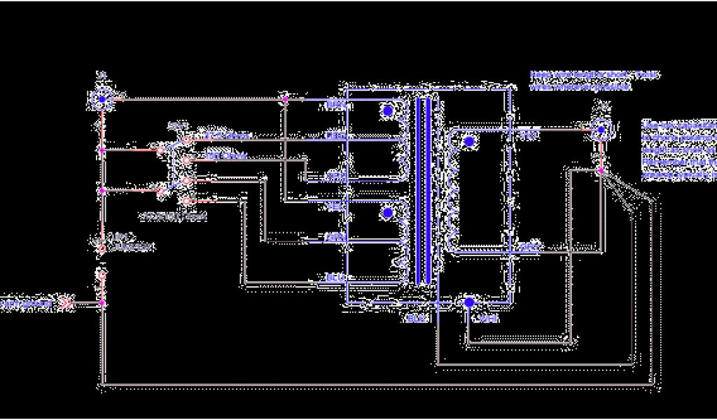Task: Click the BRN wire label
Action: [x=336, y=104]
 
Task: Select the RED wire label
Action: [x=336, y=136]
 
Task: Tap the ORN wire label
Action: [x=336, y=176]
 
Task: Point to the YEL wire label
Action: [x=336, y=207]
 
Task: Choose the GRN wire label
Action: [x=336, y=238]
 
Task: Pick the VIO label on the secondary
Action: [x=529, y=136]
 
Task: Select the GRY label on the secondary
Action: [x=529, y=247]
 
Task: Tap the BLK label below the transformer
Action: [x=416, y=319]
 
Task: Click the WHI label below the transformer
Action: [x=487, y=319]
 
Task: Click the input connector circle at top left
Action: [x=102, y=99]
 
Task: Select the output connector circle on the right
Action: [x=599, y=129]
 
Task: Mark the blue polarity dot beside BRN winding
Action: [x=387, y=111]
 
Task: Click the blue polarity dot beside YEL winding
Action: [x=387, y=212]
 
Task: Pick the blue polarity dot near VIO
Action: [x=469, y=141]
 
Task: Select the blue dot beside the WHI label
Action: [x=469, y=302]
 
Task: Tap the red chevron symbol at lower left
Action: [x=66, y=304]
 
